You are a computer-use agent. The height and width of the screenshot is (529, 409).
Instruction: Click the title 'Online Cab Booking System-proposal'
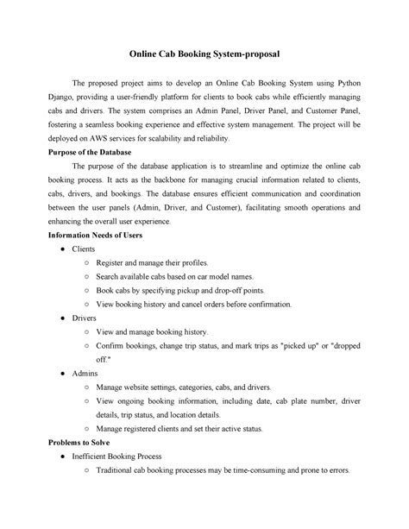[x=204, y=53]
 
